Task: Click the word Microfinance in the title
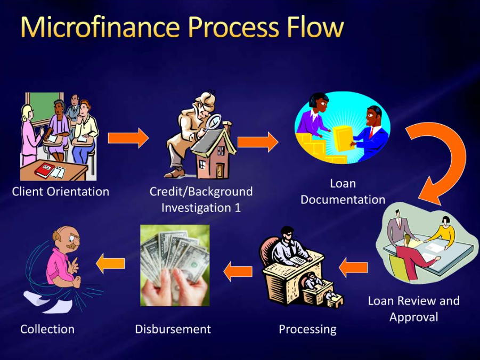(100, 27)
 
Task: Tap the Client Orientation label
(61, 192)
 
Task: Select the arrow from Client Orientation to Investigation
(128, 138)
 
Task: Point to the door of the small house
(220, 170)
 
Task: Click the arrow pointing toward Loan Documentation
(258, 142)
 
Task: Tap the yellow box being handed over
(344, 138)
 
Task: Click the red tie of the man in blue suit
(371, 133)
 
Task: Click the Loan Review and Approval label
(413, 308)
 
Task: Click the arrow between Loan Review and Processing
(353, 267)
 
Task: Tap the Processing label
(307, 330)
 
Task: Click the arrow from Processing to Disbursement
(238, 271)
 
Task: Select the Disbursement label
(173, 330)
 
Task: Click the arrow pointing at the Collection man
(110, 263)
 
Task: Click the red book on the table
(44, 170)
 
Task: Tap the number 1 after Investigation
(238, 208)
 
